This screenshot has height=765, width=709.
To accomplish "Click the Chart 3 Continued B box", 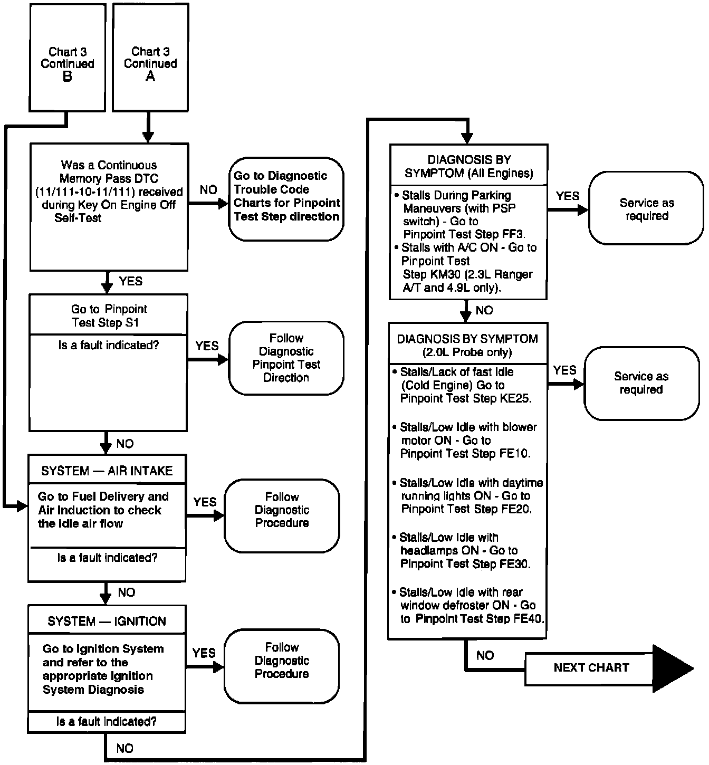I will (x=68, y=58).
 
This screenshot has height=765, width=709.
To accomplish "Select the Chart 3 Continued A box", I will (x=150, y=58).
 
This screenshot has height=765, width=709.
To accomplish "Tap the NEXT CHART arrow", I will (x=607, y=668).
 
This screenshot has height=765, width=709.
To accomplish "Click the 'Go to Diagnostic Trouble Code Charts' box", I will (x=286, y=197).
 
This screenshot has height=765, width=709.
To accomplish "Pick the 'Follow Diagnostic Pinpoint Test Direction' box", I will (x=286, y=358).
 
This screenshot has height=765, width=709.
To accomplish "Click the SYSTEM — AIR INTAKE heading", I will (x=107, y=471).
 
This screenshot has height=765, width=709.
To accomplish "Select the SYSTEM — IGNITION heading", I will (x=107, y=621).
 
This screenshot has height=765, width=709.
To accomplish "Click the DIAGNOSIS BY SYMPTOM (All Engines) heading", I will (x=469, y=166).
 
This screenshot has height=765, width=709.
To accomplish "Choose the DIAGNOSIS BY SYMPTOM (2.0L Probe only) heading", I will (x=467, y=345).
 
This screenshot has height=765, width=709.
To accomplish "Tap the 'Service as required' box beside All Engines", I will (x=647, y=209).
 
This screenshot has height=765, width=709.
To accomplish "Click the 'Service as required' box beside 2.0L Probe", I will (x=641, y=383).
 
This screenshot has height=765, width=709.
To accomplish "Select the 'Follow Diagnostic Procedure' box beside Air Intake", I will (x=282, y=510).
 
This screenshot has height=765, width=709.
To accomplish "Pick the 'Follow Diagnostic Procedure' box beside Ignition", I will (x=282, y=661).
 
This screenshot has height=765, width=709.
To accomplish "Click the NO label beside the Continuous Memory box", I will (x=208, y=190).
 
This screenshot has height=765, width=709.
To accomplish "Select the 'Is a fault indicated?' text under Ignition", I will (x=107, y=721).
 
